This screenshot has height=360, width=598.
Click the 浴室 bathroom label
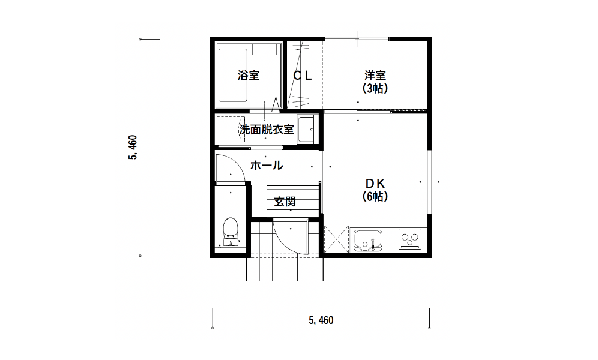pyautogui.click(x=249, y=76)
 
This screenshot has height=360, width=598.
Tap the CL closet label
pyautogui.click(x=303, y=76)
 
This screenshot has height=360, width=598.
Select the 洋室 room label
pyautogui.click(x=375, y=75)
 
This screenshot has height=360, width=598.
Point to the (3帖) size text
pyautogui.click(x=375, y=88)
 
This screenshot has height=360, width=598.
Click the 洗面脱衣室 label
pyautogui.click(x=267, y=130)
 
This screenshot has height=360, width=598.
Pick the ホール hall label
pyautogui.click(x=267, y=166)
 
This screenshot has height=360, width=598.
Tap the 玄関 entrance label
pyautogui.click(x=285, y=202)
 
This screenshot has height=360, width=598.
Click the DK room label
pyautogui.click(x=375, y=184)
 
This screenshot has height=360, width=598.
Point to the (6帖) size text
pyautogui.click(x=375, y=197)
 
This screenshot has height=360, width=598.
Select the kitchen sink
pyautogui.click(x=368, y=241)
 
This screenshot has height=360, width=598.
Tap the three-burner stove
pyautogui.click(x=410, y=239)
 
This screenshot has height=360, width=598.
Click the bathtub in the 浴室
pyautogui.click(x=232, y=76)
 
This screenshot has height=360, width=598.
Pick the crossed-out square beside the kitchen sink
pyautogui.click(x=336, y=239)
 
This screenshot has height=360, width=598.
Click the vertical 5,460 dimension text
pyautogui.click(x=133, y=148)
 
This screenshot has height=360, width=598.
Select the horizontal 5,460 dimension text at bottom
pyautogui.click(x=321, y=320)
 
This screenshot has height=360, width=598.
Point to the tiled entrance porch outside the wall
pyautogui.click(x=285, y=269)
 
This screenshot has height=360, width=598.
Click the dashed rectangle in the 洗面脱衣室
pyautogui.click(x=231, y=129)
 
